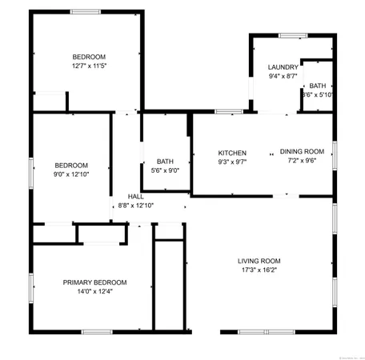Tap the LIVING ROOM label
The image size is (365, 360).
[x=259, y=261]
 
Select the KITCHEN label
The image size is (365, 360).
[x=232, y=153]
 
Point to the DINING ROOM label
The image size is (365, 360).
[x=302, y=151]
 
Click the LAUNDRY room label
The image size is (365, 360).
[x=283, y=67]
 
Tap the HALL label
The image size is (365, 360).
[x=135, y=196]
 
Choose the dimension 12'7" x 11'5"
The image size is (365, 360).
[x=89, y=66]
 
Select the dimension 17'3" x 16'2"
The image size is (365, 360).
[x=259, y=270]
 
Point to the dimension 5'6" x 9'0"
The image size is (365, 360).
[x=165, y=170]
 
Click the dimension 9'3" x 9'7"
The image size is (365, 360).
[x=232, y=162]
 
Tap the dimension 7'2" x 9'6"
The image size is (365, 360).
[x=302, y=160]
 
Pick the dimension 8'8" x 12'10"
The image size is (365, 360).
[x=135, y=206]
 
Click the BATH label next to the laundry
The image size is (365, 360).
[x=318, y=86]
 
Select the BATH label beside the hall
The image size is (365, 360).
[x=165, y=161]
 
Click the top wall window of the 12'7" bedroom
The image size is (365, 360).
[x=85, y=11]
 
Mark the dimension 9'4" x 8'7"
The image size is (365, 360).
[x=283, y=77]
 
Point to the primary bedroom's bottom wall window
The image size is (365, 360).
[x=96, y=331]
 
